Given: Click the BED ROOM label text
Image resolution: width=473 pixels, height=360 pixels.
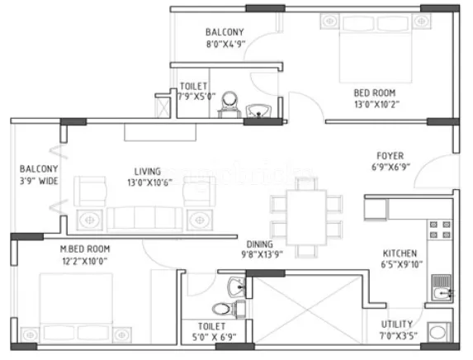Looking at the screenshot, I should tap(375, 92).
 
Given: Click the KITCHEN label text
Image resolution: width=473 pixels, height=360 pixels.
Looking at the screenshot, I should tap(399, 253).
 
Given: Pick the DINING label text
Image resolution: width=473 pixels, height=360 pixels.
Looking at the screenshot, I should tap(260, 244).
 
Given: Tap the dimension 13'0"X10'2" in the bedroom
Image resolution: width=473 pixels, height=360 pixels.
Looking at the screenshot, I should tap(375, 105).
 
